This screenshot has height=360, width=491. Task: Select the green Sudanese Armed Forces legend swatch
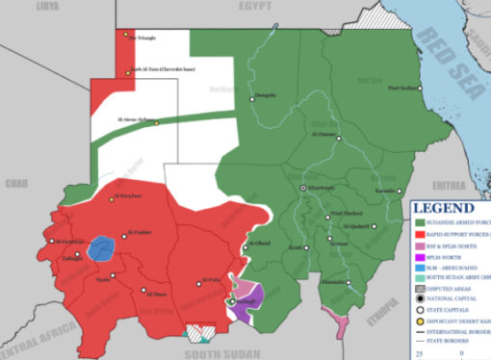[420, 220]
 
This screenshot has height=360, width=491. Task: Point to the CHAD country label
[16, 182]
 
